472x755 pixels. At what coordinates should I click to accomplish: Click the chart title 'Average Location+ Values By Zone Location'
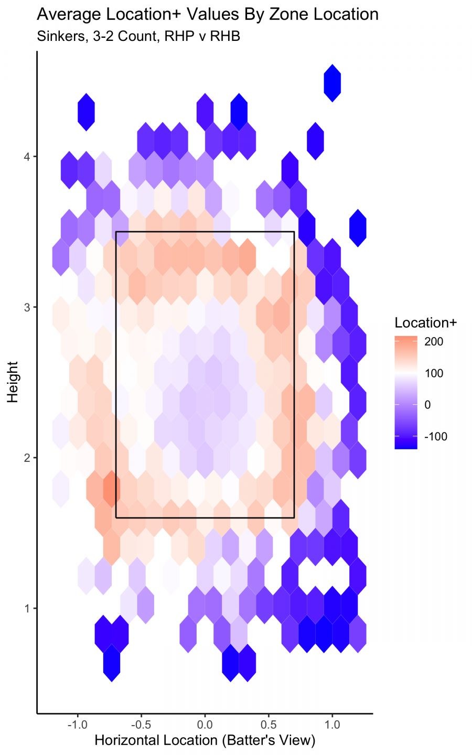click(x=208, y=14)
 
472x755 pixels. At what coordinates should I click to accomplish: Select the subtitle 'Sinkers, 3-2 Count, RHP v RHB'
click(x=138, y=36)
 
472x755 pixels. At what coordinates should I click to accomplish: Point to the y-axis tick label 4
click(x=27, y=156)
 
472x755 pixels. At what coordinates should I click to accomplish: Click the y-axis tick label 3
click(x=27, y=307)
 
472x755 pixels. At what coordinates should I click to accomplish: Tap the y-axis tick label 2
click(x=27, y=457)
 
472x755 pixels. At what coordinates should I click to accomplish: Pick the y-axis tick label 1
click(x=27, y=608)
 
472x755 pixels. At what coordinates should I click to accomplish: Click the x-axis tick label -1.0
click(x=78, y=725)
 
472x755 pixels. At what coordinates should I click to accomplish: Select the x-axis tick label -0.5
click(x=141, y=725)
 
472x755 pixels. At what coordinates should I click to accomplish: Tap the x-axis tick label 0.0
click(x=205, y=725)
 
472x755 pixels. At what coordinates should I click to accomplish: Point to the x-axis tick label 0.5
click(x=269, y=725)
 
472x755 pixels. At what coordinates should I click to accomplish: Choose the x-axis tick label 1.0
click(x=332, y=725)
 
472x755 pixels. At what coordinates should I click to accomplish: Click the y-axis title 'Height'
click(x=13, y=382)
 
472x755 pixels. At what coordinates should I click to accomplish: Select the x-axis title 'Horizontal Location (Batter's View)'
click(x=205, y=740)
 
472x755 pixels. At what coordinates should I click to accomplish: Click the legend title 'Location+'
click(x=426, y=323)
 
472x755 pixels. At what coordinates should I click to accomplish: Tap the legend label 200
click(x=434, y=342)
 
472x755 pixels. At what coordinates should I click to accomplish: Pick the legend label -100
click(x=436, y=437)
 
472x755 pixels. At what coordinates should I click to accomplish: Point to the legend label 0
click(x=428, y=405)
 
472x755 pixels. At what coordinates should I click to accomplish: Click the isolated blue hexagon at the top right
click(x=332, y=83)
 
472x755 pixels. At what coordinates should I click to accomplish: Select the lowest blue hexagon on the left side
click(x=111, y=663)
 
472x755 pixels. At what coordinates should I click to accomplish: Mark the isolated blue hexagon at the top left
click(x=86, y=112)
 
